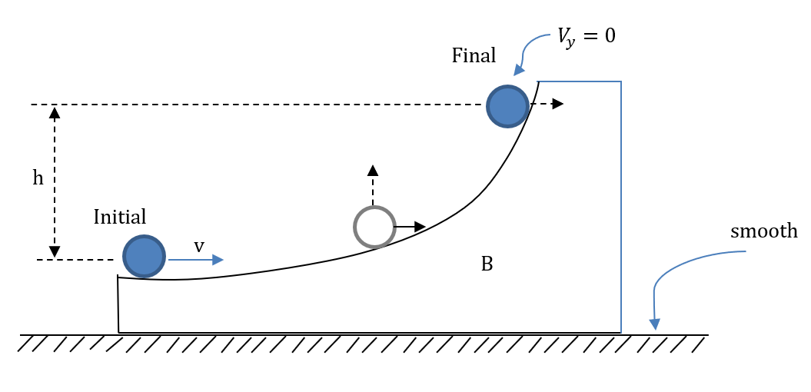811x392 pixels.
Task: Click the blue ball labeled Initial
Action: pyautogui.click(x=144, y=256)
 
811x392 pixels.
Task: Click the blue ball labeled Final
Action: pyautogui.click(x=508, y=105)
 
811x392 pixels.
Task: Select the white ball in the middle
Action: pyautogui.click(x=374, y=227)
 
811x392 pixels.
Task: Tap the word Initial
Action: pyautogui.click(x=120, y=217)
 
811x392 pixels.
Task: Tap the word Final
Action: pyautogui.click(x=474, y=55)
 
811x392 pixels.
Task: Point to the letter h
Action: pyautogui.click(x=38, y=178)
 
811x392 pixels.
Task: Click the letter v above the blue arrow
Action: pyautogui.click(x=198, y=246)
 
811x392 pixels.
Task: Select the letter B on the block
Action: pyautogui.click(x=486, y=264)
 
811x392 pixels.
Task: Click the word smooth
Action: pyautogui.click(x=764, y=231)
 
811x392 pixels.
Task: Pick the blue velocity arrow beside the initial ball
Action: pyautogui.click(x=196, y=261)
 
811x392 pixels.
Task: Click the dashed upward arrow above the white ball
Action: pyautogui.click(x=373, y=184)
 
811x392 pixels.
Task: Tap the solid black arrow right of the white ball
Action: pyautogui.click(x=410, y=227)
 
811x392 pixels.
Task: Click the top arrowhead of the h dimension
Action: pyautogui.click(x=55, y=112)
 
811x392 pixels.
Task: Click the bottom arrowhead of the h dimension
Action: pyautogui.click(x=55, y=251)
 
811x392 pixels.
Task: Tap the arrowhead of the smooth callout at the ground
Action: pyautogui.click(x=655, y=323)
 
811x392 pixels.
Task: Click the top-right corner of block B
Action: pyautogui.click(x=620, y=81)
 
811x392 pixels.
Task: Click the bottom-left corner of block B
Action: pyautogui.click(x=119, y=332)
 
